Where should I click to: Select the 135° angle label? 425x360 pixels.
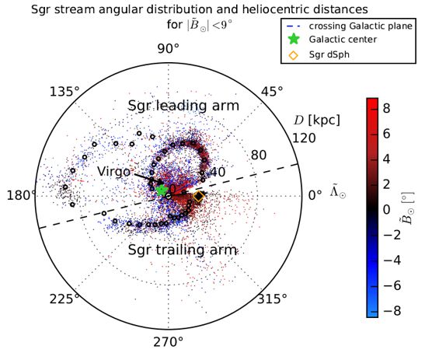coord(66,92)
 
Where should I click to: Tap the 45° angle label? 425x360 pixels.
coord(271,92)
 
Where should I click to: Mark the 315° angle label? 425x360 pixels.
coord(272,299)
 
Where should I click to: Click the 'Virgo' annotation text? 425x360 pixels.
coord(115,170)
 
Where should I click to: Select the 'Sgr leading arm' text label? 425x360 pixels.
coord(171,106)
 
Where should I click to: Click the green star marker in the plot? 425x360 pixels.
coord(162,190)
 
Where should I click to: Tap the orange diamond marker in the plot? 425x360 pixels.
coord(198,197)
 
